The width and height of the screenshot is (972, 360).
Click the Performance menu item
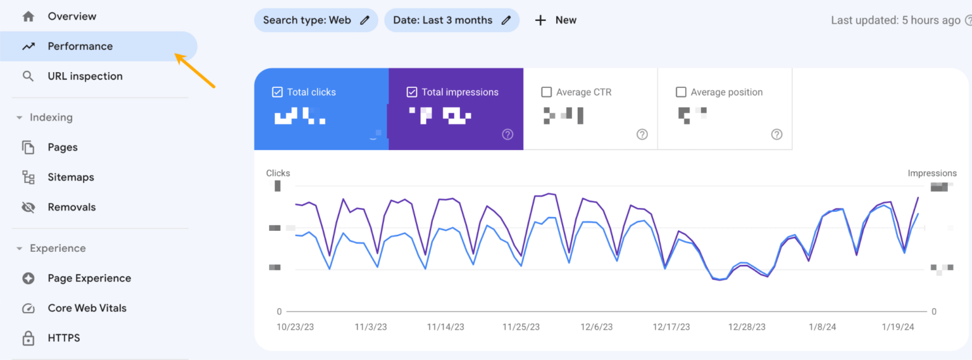(x=80, y=46)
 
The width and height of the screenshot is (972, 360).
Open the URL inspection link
(x=85, y=76)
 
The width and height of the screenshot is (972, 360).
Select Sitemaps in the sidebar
(x=71, y=177)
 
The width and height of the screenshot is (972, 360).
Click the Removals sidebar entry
(x=72, y=207)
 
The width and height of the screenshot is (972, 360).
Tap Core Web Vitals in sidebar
(x=87, y=308)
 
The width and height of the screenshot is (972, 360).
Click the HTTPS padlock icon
(x=28, y=338)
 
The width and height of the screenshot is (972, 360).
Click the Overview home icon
(x=28, y=16)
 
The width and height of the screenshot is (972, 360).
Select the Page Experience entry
(x=89, y=278)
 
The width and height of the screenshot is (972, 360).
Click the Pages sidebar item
(x=63, y=147)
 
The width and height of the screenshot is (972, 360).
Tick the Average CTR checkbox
(x=547, y=92)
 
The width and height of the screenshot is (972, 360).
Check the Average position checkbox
(x=681, y=92)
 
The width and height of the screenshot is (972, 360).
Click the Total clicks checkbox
(x=277, y=92)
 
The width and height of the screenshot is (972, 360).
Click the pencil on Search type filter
(x=364, y=20)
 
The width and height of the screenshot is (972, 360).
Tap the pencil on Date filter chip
(x=506, y=20)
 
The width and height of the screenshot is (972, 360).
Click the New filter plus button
(x=540, y=20)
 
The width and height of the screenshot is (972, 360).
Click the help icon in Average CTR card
(x=642, y=134)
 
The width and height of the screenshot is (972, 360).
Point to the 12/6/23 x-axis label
(x=597, y=327)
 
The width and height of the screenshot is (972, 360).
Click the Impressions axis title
(x=932, y=173)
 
